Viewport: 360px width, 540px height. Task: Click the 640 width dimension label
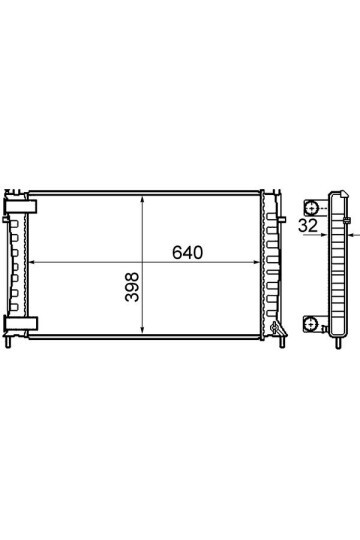tap(187, 252)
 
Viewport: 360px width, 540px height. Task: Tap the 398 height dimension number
tap(132, 287)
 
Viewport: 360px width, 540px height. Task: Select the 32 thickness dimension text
tap(308, 226)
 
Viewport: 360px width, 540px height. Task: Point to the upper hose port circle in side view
tap(312, 208)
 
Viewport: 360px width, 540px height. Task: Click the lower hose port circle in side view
tap(310, 324)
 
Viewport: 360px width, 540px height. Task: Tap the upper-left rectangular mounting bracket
tap(21, 206)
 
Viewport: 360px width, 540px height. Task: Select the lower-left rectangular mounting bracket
tap(21, 324)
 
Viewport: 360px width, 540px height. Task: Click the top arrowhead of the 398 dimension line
tap(142, 200)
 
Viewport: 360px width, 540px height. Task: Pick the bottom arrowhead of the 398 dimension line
tap(142, 330)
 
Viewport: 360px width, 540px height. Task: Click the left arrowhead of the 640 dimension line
tap(32, 262)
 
